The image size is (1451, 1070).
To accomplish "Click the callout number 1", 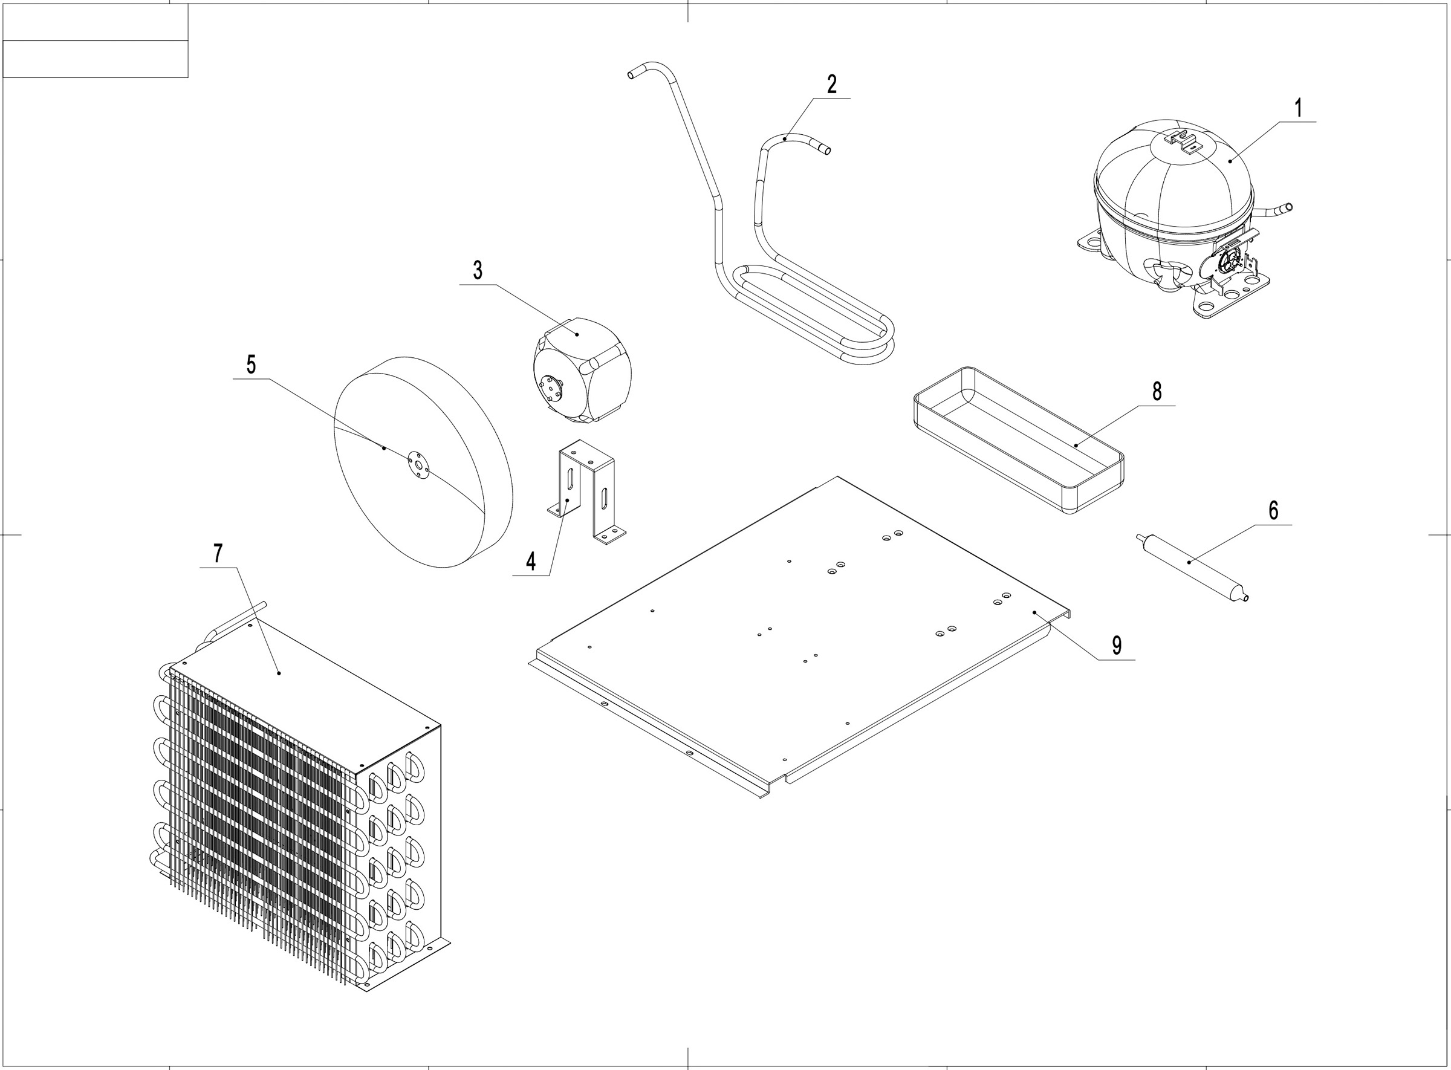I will point(1298,108).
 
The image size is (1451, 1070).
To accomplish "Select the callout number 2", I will point(832,84).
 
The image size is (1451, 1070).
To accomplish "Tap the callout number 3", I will point(478,270).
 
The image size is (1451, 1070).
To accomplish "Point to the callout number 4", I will point(531,562).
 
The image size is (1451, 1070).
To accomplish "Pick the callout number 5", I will point(252,365).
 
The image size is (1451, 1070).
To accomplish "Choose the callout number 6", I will point(1273,510).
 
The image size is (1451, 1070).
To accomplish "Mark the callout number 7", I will point(218,554).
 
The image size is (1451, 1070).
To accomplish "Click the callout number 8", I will point(1157,391).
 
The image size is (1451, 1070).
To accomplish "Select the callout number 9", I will point(1117,645).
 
